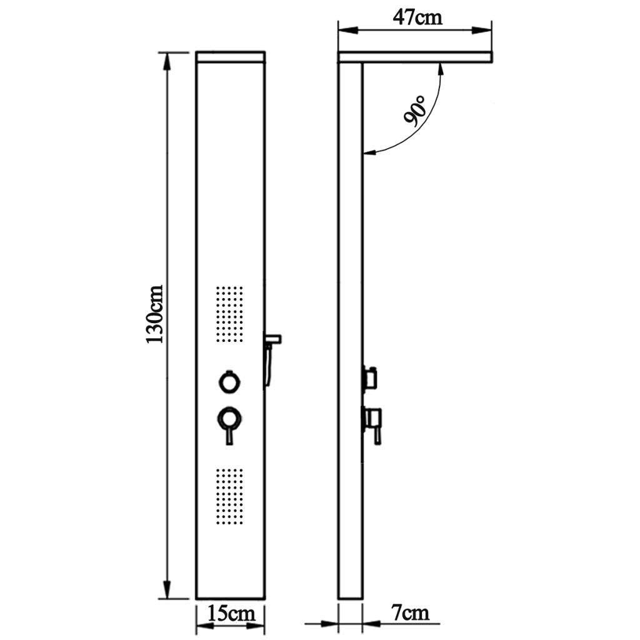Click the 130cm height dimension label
(x=154, y=314)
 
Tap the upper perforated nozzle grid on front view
(x=229, y=314)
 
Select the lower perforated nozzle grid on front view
(x=229, y=497)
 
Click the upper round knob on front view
(x=229, y=381)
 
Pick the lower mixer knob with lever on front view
(x=229, y=417)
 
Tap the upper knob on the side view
(x=371, y=377)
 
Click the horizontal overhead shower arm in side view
(x=415, y=57)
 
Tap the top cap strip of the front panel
(x=230, y=57)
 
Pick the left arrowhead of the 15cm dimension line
(x=202, y=624)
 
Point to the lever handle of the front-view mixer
(x=229, y=435)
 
